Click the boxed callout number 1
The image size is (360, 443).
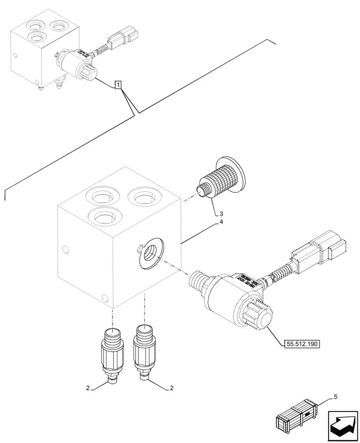click(118, 84)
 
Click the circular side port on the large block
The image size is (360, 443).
click(150, 251)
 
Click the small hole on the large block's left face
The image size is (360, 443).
click(66, 250)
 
